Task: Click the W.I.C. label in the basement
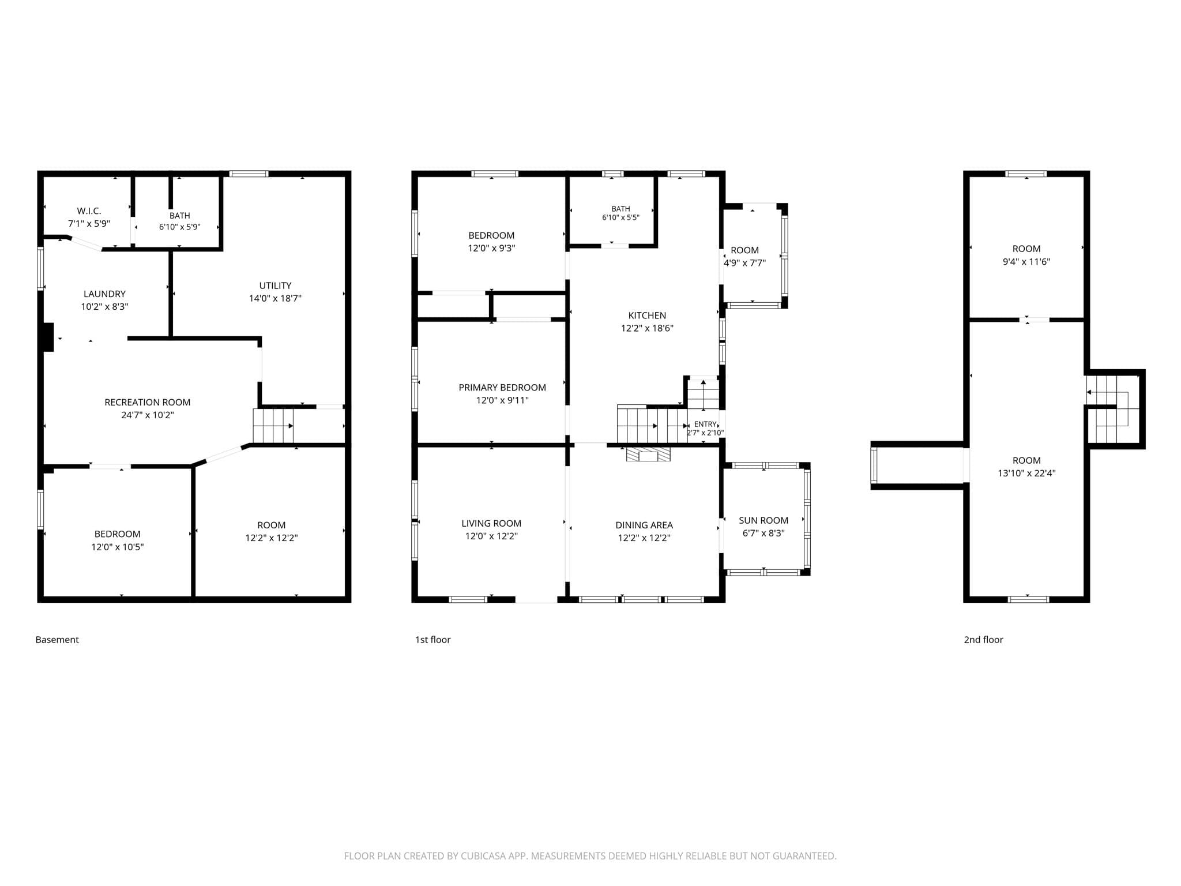[89, 211]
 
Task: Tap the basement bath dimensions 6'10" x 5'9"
[180, 227]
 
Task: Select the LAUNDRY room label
[104, 294]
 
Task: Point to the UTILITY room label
[275, 286]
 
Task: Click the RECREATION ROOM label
[147, 402]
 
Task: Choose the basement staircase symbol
[273, 426]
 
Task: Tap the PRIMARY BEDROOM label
[502, 388]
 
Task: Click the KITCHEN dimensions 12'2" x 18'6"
[647, 328]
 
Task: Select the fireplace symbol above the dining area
[649, 455]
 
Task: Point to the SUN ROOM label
[763, 520]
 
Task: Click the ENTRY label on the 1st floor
[705, 425]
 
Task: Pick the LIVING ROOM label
[491, 523]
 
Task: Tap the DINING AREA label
[644, 525]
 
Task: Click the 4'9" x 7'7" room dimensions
[744, 263]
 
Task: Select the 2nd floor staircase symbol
[1112, 409]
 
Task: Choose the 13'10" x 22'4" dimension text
[1026, 474]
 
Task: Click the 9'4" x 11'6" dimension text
[1026, 262]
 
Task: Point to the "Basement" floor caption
[57, 640]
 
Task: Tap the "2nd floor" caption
[984, 640]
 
